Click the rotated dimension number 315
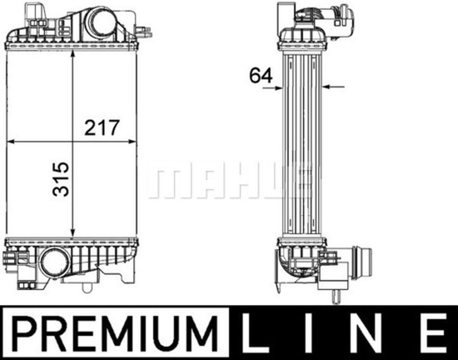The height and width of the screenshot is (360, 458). (x=61, y=179)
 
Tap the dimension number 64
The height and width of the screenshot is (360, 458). (x=261, y=75)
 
